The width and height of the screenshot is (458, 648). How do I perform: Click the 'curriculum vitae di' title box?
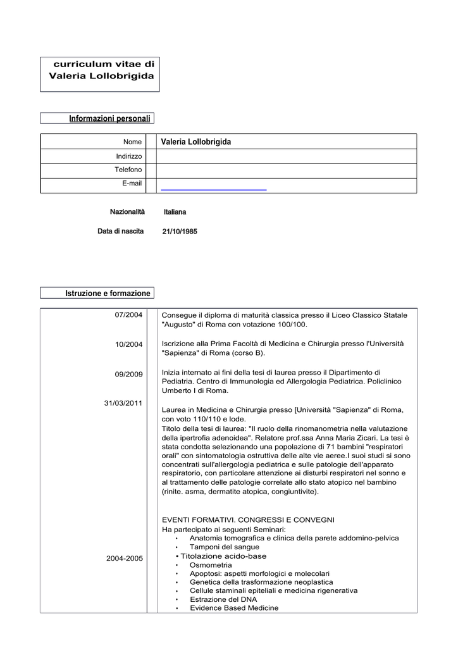[101, 70]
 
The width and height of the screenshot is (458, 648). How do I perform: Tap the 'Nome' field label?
[132, 142]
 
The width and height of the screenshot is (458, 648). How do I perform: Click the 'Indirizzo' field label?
[129, 156]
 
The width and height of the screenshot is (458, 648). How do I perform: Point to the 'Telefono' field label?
[128, 170]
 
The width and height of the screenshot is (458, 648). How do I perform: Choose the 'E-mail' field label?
[132, 184]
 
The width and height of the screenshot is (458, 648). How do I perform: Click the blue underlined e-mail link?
[214, 189]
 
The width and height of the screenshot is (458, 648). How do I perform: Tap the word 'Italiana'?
[175, 212]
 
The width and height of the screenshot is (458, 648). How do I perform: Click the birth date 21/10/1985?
[180, 232]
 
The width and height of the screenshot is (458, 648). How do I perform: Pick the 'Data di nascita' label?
[120, 231]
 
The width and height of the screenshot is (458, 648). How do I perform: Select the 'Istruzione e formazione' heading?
[108, 294]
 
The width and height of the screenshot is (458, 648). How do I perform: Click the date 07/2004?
[128, 315]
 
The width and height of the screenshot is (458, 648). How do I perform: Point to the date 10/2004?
[128, 344]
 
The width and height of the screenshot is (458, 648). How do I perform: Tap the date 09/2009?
[128, 375]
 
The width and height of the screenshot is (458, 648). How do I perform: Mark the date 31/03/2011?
[123, 403]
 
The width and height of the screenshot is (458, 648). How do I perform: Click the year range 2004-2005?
[125, 558]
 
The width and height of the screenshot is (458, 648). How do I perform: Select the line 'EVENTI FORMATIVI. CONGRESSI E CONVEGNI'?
[248, 520]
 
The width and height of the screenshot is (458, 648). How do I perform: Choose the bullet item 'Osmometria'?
[211, 564]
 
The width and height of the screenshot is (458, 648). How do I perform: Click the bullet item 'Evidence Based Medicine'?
[234, 608]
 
